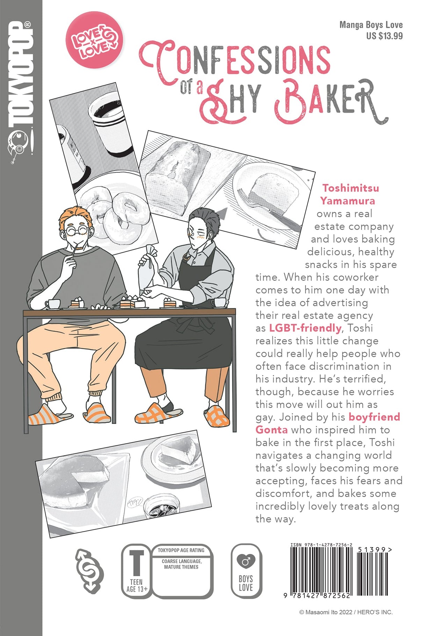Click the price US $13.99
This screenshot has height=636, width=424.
(x=384, y=36)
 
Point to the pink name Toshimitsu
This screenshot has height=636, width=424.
(x=350, y=188)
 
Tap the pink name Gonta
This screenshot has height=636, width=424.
(x=271, y=430)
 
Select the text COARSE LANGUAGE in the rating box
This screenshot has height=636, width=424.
(x=181, y=561)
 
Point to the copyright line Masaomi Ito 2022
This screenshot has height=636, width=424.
(x=345, y=612)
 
